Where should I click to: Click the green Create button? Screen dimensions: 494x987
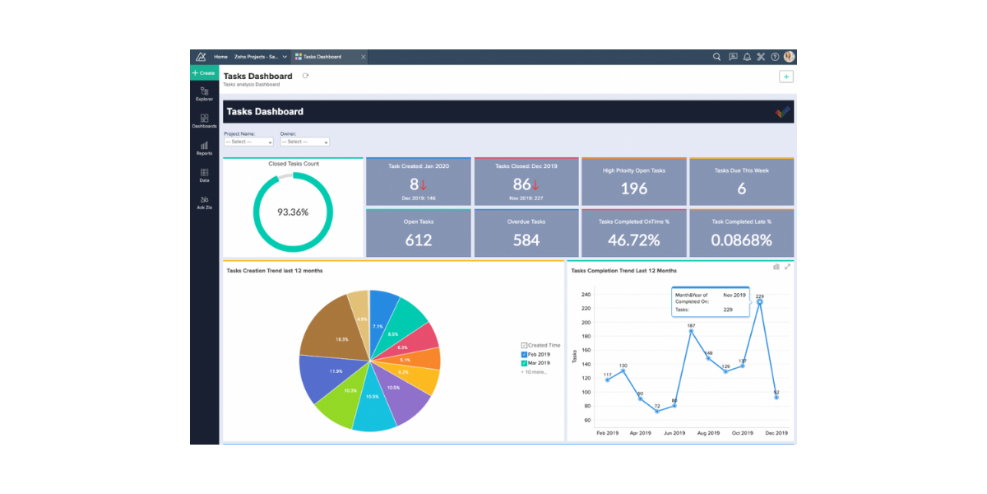click(x=204, y=73)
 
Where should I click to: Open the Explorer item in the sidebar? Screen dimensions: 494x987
click(x=204, y=93)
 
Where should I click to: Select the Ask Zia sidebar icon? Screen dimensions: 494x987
click(x=204, y=202)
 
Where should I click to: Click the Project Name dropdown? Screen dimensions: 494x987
click(x=248, y=142)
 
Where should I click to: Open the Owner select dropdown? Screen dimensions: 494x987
click(x=304, y=142)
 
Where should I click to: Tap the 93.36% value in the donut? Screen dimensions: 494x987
click(x=293, y=212)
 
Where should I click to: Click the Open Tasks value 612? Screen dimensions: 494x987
click(x=419, y=240)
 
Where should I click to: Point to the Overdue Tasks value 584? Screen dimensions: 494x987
click(x=526, y=240)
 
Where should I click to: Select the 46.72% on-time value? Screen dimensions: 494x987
click(x=633, y=240)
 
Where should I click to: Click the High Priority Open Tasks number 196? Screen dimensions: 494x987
click(x=633, y=189)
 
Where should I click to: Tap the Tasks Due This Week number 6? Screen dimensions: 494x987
click(x=741, y=189)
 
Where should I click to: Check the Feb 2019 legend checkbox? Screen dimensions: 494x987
click(x=524, y=354)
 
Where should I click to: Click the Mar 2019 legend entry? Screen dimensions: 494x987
click(x=539, y=362)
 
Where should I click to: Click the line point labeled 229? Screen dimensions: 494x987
click(x=759, y=302)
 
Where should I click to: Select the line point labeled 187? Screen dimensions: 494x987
click(x=691, y=331)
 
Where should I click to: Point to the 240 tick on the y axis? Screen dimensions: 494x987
click(x=586, y=294)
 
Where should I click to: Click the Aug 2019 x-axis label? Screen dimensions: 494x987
click(x=707, y=433)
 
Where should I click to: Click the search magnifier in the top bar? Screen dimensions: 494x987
click(x=716, y=57)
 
